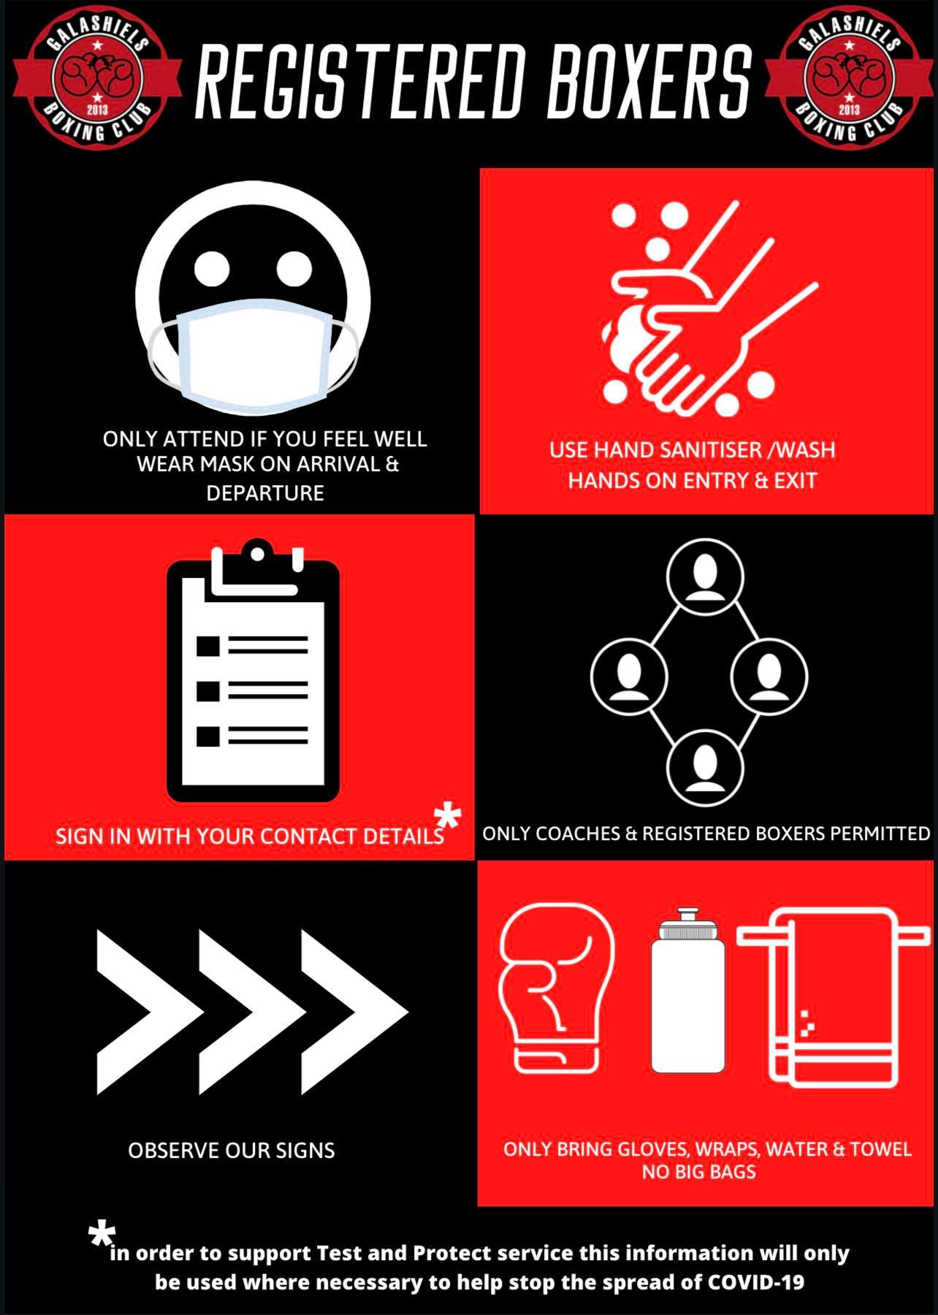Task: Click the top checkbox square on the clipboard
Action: point(208,646)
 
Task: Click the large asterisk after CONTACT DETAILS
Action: point(447,817)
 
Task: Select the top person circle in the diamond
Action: point(705,576)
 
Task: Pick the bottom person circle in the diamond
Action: point(705,768)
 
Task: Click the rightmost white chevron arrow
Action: point(351,1012)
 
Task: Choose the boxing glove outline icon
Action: point(557,990)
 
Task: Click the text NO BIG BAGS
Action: point(699,1172)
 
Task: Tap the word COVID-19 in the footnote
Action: point(756,1282)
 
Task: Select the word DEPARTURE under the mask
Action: point(265,493)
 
